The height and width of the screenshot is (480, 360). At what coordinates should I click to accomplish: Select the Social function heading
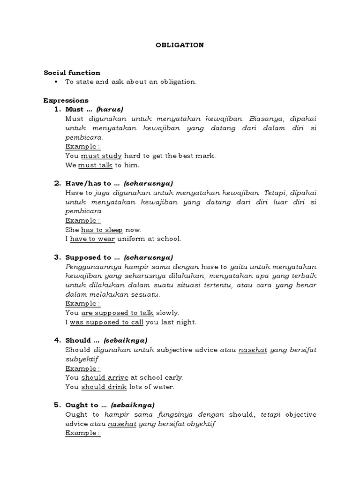(x=72, y=73)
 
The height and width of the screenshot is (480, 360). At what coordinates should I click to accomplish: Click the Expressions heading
(x=66, y=100)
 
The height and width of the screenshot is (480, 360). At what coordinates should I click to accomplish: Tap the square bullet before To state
(x=56, y=82)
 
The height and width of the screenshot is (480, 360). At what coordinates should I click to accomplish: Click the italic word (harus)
(x=109, y=109)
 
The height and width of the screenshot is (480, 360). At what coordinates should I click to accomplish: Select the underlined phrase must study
(x=101, y=156)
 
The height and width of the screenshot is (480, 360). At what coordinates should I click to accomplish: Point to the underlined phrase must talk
(x=95, y=165)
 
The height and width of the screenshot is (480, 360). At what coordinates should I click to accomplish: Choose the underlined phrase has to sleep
(x=102, y=230)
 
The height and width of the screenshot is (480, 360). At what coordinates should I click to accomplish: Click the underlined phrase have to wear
(x=92, y=239)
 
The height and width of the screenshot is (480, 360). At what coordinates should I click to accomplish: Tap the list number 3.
(x=57, y=257)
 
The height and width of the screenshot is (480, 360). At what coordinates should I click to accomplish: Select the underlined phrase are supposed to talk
(x=117, y=313)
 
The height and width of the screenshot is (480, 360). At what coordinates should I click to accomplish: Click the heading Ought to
(x=82, y=405)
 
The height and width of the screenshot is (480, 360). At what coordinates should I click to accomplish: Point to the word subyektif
(x=82, y=359)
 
